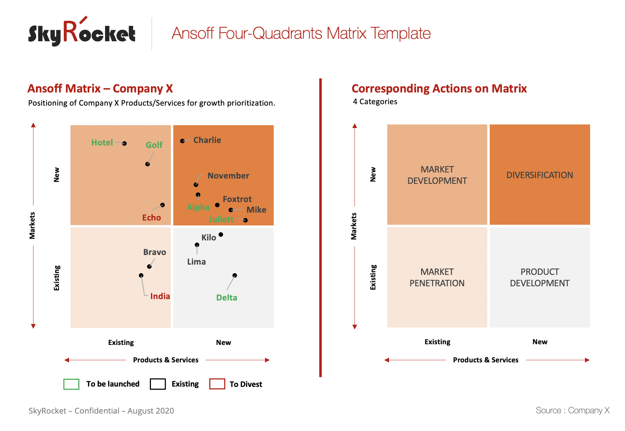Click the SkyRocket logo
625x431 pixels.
click(x=82, y=33)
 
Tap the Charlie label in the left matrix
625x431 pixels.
click(x=207, y=140)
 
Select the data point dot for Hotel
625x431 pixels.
click(x=124, y=143)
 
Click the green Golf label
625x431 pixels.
click(x=154, y=145)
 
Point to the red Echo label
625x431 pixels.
click(x=151, y=218)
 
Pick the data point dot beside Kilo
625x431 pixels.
click(x=221, y=234)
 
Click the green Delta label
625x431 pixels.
click(x=226, y=298)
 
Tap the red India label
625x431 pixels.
click(x=160, y=296)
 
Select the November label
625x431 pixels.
click(x=228, y=176)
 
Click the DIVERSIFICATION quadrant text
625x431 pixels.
click(x=540, y=175)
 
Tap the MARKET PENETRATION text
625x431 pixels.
click(x=437, y=277)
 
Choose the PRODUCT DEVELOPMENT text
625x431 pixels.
click(x=540, y=277)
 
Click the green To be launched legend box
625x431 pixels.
click(x=71, y=384)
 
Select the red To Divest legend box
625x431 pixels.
click(x=217, y=384)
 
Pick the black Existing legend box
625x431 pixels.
click(x=158, y=384)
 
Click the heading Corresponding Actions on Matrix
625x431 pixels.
click(x=439, y=89)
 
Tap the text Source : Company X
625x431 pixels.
click(x=572, y=410)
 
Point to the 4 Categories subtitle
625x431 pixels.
click(x=375, y=102)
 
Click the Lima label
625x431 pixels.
click(x=196, y=262)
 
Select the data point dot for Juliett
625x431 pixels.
click(x=245, y=220)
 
